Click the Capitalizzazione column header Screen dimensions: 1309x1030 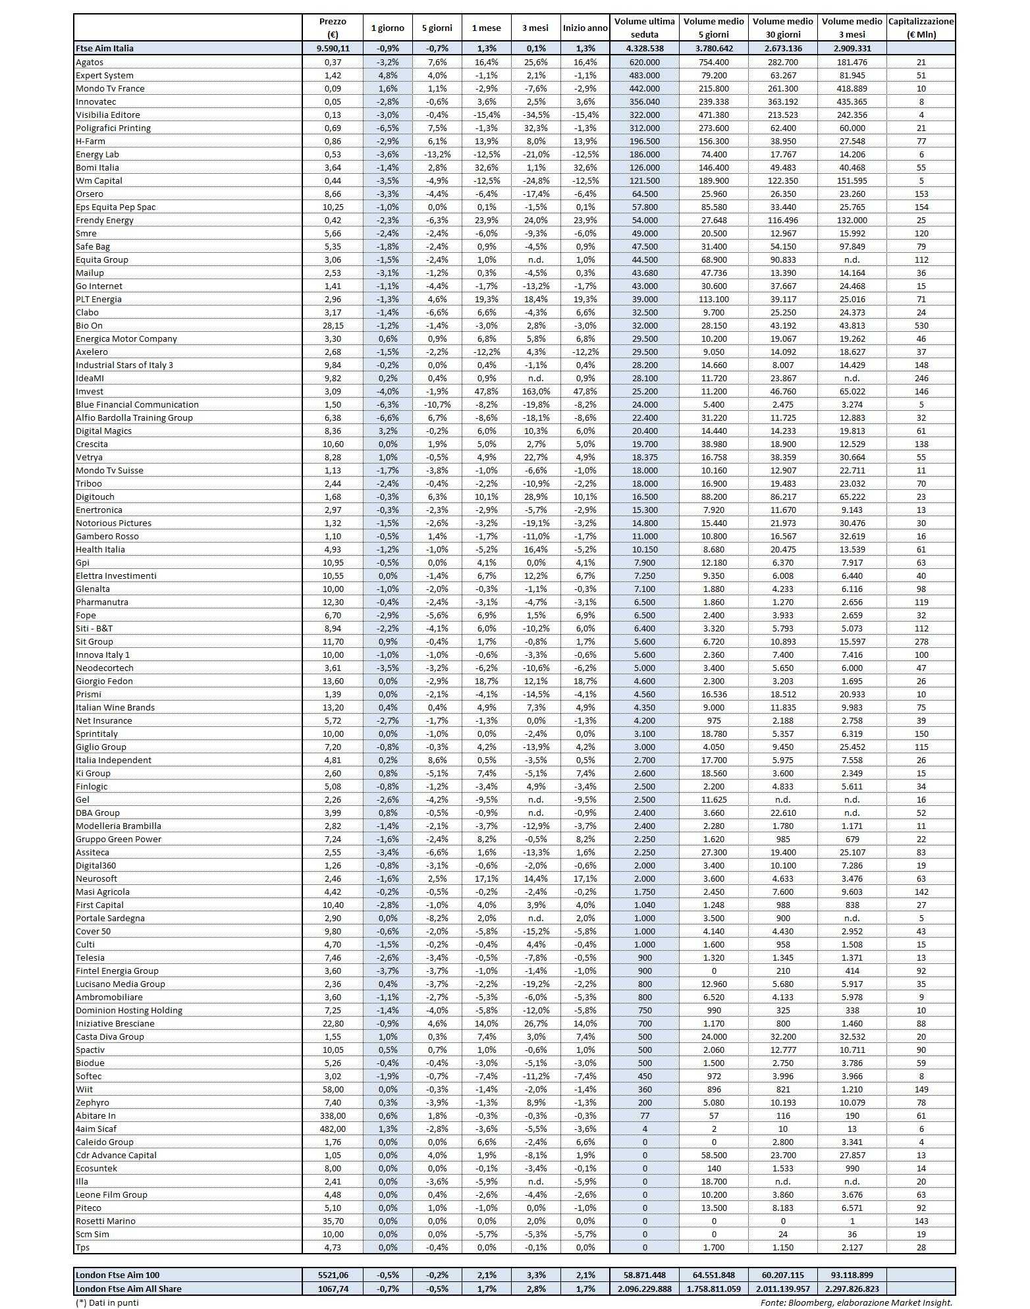pyautogui.click(x=921, y=28)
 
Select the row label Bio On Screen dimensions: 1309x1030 pyautogui.click(x=90, y=325)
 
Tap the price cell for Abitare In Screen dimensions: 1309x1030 pyautogui.click(x=333, y=1115)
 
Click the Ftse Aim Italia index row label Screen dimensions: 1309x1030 pyautogui.click(x=105, y=48)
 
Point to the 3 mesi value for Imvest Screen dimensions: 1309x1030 pyautogui.click(x=535, y=391)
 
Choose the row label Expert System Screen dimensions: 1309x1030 pyautogui.click(x=105, y=75)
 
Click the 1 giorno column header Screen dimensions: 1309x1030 pyautogui.click(x=388, y=28)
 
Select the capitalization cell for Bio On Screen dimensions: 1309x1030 pyautogui.click(x=921, y=325)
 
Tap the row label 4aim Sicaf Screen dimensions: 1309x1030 pyautogui.click(x=96, y=1129)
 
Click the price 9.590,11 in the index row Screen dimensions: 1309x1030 pyautogui.click(x=333, y=48)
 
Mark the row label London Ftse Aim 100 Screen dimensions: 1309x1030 pyautogui.click(x=118, y=1275)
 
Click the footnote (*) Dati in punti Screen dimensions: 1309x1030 pyautogui.click(x=107, y=1302)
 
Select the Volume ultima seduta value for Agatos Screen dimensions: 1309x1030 pyautogui.click(x=644, y=62)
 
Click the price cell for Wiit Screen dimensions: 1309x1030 pyautogui.click(x=333, y=1089)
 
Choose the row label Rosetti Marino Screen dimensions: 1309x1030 pyautogui.click(x=105, y=1221)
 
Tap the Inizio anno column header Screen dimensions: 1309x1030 pyautogui.click(x=585, y=28)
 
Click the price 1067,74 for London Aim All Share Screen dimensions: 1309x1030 pyautogui.click(x=333, y=1289)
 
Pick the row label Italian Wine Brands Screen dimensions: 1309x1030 pyautogui.click(x=115, y=707)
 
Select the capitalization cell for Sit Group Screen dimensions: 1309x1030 pyautogui.click(x=921, y=641)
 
